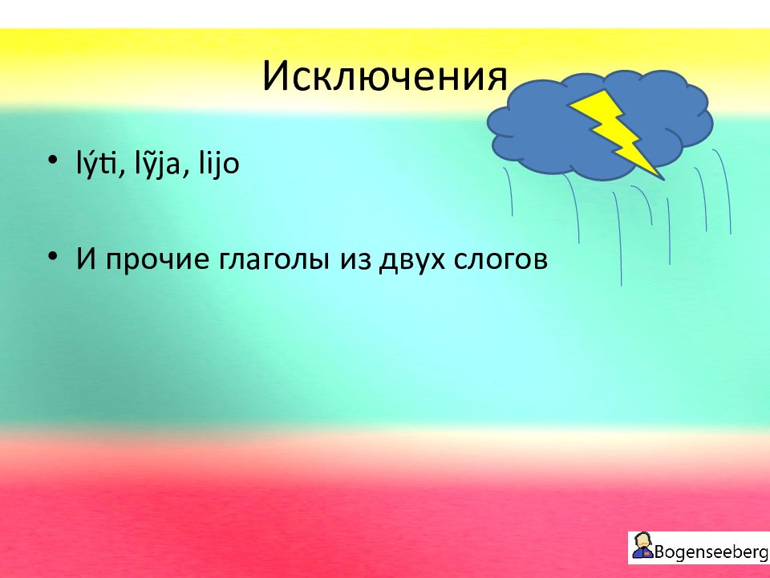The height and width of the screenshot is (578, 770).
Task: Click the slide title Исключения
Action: point(385,76)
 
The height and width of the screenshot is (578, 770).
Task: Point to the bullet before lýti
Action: point(53,161)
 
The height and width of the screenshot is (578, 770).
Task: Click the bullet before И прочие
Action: point(53,256)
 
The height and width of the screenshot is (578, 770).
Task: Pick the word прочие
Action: point(157,259)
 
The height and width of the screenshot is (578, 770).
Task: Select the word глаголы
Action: point(274,259)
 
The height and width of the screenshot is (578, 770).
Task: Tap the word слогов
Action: point(500,259)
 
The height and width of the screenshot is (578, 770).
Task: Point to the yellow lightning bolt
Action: point(616,132)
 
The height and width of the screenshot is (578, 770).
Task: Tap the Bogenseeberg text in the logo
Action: point(711,552)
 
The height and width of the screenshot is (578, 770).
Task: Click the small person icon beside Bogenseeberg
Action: point(642,546)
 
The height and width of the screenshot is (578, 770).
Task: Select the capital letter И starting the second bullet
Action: point(86,259)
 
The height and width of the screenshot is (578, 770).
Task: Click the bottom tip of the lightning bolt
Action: point(664,180)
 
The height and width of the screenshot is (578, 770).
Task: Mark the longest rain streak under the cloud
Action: point(618,238)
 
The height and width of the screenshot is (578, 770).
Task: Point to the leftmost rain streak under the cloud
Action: point(509,191)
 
